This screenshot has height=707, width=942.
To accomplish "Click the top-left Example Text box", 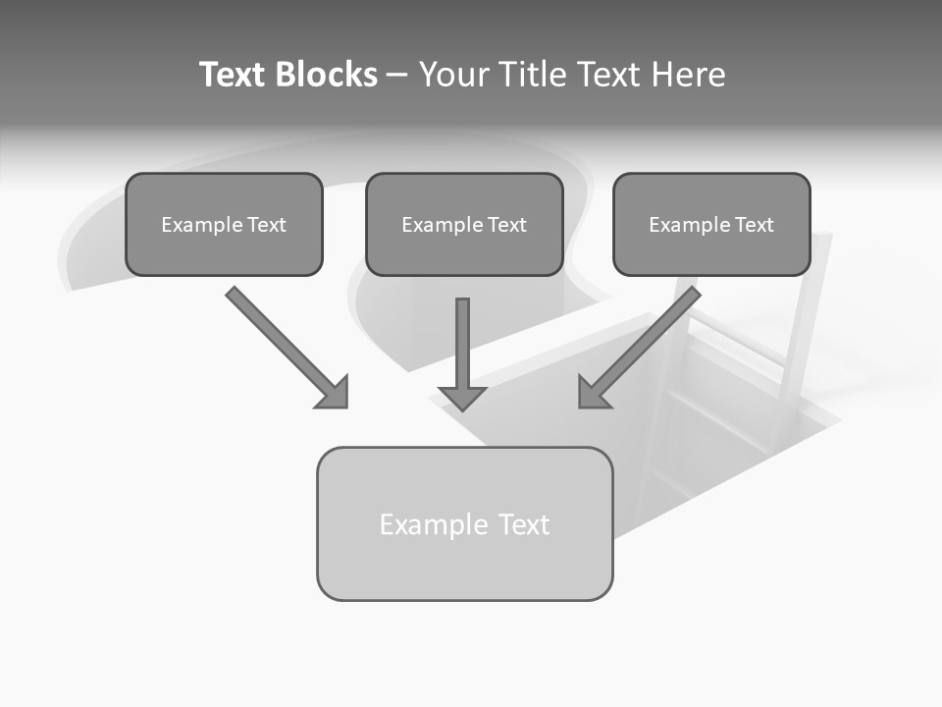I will tap(224, 225).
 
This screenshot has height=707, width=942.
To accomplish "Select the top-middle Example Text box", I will tap(464, 225).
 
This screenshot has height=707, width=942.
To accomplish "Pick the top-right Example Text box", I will tap(711, 225).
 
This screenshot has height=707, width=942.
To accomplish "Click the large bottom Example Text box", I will tap(464, 524).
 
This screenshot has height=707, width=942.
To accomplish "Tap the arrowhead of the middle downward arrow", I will tap(462, 397).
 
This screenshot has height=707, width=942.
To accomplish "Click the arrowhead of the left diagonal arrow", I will tap(333, 392).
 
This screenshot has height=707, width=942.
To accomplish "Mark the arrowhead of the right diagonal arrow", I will tap(594, 393).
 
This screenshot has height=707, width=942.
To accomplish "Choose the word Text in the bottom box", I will tap(524, 525).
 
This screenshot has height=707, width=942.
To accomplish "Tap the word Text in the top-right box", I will tap(754, 225).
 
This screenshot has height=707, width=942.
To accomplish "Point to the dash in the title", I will tap(397, 75).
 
